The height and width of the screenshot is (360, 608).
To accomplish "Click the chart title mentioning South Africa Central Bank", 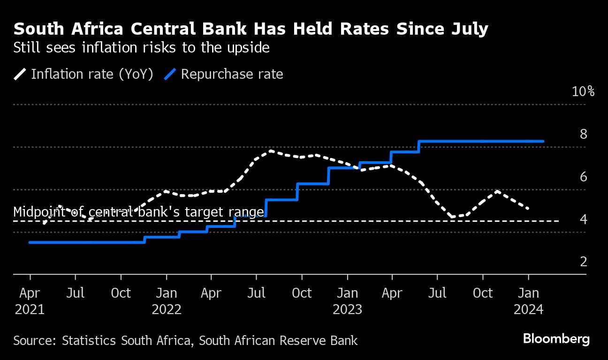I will [251, 30].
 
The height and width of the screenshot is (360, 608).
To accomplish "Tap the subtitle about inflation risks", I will [141, 48].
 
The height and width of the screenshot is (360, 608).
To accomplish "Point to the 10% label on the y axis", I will [583, 91].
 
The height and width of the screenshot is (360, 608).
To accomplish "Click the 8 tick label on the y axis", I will [583, 135].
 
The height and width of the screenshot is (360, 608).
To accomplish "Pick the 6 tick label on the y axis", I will [583, 177].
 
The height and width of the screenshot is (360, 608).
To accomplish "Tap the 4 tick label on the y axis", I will [583, 219].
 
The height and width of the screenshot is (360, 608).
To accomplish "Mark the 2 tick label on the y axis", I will [583, 262].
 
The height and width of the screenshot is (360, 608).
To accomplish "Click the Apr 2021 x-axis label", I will [30, 301].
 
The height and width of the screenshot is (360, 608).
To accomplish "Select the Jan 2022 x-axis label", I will [167, 301].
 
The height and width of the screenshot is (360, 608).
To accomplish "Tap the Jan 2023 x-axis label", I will [347, 301].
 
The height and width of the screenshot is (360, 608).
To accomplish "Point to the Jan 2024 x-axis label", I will [528, 301].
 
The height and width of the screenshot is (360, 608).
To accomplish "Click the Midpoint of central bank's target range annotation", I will [139, 212].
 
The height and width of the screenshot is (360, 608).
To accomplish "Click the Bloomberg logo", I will [556, 339].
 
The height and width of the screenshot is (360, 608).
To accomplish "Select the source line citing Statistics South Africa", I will [185, 340].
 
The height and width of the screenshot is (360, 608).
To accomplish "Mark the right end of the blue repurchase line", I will [543, 141].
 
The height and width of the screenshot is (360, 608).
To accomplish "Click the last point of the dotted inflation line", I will [529, 209].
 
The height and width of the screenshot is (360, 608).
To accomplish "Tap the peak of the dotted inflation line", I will [271, 151].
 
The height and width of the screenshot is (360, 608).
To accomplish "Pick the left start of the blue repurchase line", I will [30, 242].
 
